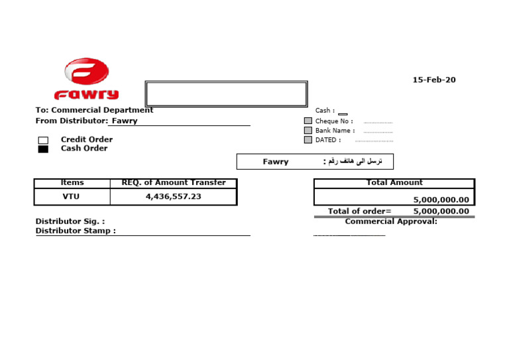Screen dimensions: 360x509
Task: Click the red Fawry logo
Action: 86,78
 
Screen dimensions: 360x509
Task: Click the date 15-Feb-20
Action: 434,80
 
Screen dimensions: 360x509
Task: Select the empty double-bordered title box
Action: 226,93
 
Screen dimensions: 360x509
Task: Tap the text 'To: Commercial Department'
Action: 94,110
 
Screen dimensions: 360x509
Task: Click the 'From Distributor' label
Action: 71,121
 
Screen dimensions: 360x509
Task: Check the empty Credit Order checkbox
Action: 43,140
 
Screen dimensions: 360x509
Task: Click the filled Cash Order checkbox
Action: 43,149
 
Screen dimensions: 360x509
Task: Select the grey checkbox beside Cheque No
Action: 308,121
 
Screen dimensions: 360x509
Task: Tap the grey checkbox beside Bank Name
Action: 308,131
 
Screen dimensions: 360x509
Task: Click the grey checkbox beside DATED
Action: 308,140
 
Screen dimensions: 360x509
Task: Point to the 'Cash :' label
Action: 325,111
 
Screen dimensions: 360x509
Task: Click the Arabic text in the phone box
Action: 352,162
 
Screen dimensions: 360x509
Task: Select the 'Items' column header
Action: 72,183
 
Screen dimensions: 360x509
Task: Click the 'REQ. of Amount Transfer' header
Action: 174,183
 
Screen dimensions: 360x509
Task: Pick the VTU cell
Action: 71,197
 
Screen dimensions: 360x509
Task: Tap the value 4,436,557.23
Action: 174,197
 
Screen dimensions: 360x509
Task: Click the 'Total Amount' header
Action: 394,183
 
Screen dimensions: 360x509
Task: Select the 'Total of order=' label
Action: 359,211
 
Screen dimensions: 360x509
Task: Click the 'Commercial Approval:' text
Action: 391,221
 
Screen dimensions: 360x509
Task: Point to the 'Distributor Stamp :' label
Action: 76,231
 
